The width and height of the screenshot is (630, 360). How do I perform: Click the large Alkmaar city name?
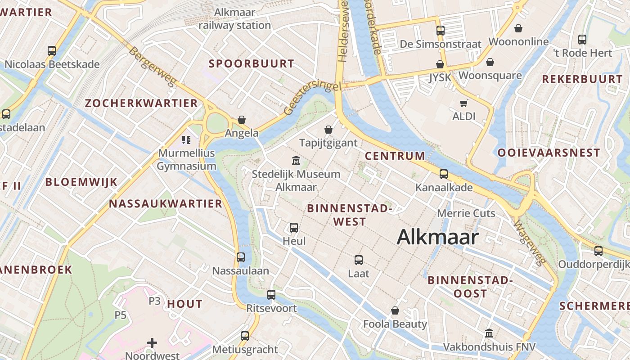pyautogui.click(x=437, y=237)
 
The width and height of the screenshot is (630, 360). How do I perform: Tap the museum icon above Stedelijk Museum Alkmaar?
pyautogui.click(x=296, y=160)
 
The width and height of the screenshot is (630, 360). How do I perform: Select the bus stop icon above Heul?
pyautogui.click(x=294, y=228)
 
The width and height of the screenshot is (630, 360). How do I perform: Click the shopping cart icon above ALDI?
pyautogui.click(x=464, y=103)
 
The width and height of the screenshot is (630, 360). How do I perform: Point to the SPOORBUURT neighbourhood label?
pyautogui.click(x=251, y=64)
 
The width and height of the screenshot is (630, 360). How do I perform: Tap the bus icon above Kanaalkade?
pyautogui.click(x=444, y=174)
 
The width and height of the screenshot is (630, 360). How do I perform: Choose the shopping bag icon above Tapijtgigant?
pyautogui.click(x=328, y=130)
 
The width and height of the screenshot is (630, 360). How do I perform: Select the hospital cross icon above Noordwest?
pyautogui.click(x=152, y=343)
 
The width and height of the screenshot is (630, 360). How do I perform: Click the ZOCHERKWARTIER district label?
pyautogui.click(x=141, y=103)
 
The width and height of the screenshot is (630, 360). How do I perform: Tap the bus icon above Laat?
pyautogui.click(x=359, y=260)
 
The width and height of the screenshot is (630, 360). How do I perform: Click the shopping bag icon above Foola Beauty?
pyautogui.click(x=395, y=310)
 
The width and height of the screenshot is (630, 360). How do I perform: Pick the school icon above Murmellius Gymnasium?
pyautogui.click(x=186, y=140)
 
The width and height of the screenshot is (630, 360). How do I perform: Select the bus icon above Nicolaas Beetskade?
pyautogui.click(x=52, y=51)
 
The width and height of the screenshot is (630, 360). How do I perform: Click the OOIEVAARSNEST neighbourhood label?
pyautogui.click(x=549, y=153)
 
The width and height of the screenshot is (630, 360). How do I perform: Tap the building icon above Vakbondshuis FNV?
pyautogui.click(x=489, y=333)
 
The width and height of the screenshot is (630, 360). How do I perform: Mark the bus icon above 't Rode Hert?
pyautogui.click(x=582, y=40)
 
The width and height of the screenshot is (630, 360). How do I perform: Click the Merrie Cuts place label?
pyautogui.click(x=466, y=213)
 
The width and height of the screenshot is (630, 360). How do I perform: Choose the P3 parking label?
pyautogui.click(x=154, y=301)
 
